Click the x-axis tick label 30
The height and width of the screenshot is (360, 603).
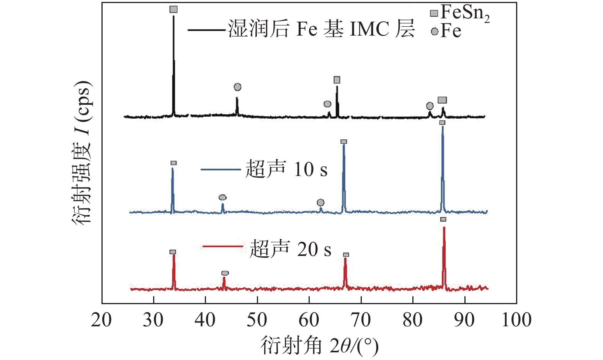(x=153, y=320)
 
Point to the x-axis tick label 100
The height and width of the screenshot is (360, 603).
(x=516, y=320)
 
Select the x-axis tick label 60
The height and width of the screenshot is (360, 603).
(x=309, y=320)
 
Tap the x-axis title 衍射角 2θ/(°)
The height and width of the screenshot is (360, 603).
(x=320, y=346)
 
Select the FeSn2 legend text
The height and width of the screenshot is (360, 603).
(x=465, y=13)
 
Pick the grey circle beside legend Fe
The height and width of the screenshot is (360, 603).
(x=434, y=31)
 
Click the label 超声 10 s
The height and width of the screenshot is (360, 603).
(x=286, y=169)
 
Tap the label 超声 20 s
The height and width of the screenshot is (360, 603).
(x=290, y=249)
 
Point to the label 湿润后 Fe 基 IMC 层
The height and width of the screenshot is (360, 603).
(x=322, y=29)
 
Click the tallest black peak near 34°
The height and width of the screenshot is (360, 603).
(x=174, y=17)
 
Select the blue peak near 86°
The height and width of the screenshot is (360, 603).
(x=443, y=127)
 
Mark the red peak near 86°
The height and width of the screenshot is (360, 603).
(x=444, y=228)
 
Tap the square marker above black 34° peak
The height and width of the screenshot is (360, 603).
(x=173, y=9)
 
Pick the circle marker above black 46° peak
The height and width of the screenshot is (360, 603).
(x=237, y=87)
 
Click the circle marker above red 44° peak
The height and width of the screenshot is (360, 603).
(x=225, y=273)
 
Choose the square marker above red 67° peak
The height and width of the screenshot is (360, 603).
(x=346, y=255)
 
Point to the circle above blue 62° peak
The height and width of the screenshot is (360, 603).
(x=321, y=202)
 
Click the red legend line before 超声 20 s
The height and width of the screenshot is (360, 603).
(x=222, y=246)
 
